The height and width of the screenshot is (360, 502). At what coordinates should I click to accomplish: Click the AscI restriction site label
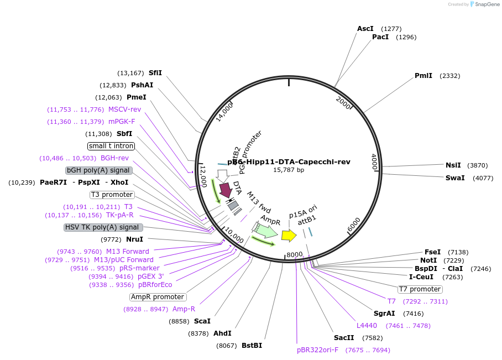point(365,29)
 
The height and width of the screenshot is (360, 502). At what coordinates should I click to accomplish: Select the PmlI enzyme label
point(423,76)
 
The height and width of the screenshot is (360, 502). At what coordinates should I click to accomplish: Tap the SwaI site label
point(455,178)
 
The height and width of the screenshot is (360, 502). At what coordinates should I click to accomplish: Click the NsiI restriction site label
point(453,165)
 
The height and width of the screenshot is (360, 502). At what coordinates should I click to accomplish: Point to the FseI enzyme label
point(432,252)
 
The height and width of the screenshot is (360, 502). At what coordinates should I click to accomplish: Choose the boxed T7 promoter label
point(420,289)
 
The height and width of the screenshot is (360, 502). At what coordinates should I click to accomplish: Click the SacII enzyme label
point(344,338)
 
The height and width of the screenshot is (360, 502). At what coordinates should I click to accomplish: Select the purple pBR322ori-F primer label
point(317,350)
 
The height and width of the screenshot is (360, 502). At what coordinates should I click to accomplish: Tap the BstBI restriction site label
point(252,346)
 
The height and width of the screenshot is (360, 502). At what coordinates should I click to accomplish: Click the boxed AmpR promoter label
point(158,297)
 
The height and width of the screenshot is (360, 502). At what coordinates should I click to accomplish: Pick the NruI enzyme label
point(134,239)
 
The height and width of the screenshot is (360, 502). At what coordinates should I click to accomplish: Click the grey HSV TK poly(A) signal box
point(103,227)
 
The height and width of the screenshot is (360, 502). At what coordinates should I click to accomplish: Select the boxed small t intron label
point(111,146)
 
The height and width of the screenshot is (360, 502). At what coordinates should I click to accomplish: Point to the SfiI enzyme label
point(155,73)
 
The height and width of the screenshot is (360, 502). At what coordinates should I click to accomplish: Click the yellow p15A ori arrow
point(289,236)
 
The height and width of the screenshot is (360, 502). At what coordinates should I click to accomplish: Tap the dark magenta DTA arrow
point(226,190)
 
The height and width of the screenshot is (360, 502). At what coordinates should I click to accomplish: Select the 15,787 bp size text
point(289,170)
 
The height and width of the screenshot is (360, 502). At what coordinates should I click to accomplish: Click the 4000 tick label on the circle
point(373,161)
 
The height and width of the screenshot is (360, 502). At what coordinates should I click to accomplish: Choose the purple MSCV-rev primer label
point(124,109)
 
